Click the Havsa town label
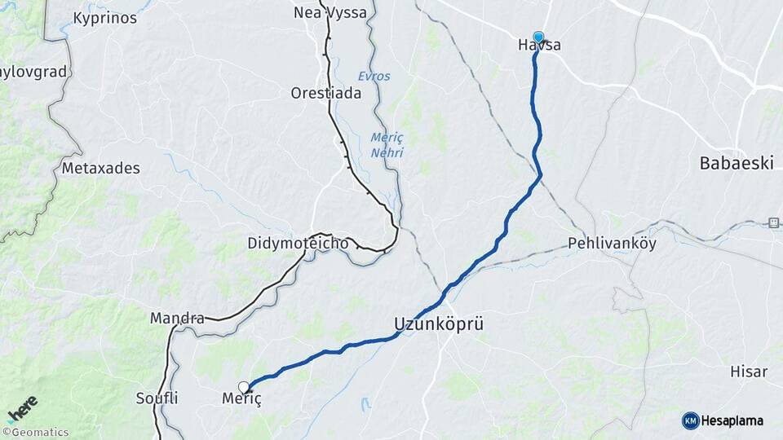pyautogui.click(x=539, y=46)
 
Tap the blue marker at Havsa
pyautogui.click(x=538, y=37)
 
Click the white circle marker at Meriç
pyautogui.click(x=243, y=386)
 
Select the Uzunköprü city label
pyautogui.click(x=439, y=323)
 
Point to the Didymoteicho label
pyautogui.click(x=298, y=244)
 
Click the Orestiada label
pyautogui.click(x=325, y=93)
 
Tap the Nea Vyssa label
pyautogui.click(x=330, y=13)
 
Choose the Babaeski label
pyautogui.click(x=736, y=163)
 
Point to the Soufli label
pyautogui.click(x=158, y=398)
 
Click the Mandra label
pyautogui.click(x=177, y=318)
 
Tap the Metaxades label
pyautogui.click(x=101, y=169)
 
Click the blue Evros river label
pyautogui.click(x=374, y=76)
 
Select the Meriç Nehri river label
pyautogui.click(x=387, y=144)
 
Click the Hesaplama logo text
pyautogui.click(x=732, y=420)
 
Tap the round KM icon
pyautogui.click(x=690, y=420)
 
